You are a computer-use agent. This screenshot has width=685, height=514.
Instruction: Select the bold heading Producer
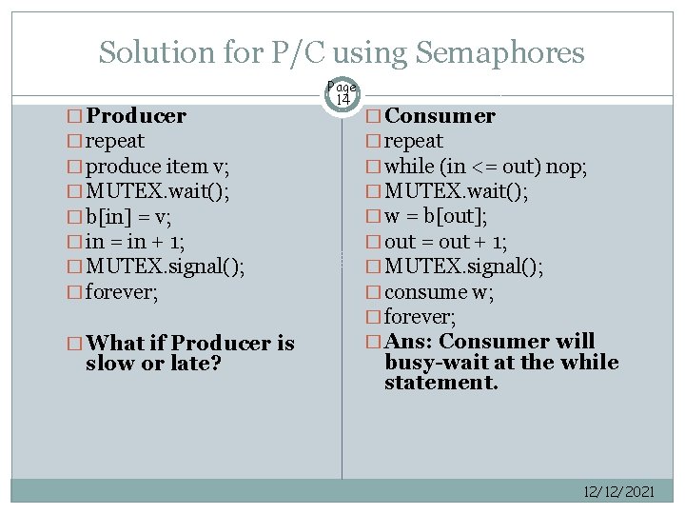[135, 117]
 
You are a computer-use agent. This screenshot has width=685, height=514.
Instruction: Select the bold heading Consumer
[440, 116]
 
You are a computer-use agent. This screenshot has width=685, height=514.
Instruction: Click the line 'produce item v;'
[157, 168]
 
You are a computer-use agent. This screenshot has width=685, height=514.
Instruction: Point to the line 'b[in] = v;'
[128, 216]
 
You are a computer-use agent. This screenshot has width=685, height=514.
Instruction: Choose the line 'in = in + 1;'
[135, 242]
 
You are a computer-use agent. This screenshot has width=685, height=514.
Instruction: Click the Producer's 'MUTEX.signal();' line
[165, 267]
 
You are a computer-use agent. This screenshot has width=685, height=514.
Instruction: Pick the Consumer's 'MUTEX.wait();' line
[457, 192]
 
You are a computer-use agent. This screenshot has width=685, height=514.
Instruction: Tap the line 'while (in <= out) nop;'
[485, 167]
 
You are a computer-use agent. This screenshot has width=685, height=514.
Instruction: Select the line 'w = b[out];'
[436, 217]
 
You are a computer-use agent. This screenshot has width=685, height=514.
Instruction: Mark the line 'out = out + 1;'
[445, 242]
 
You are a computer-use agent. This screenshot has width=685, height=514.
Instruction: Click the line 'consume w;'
[439, 292]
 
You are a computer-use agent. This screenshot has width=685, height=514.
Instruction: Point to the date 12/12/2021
[618, 491]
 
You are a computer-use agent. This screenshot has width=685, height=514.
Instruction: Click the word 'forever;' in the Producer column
[121, 292]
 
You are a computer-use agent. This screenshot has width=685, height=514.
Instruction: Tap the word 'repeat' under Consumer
[414, 142]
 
